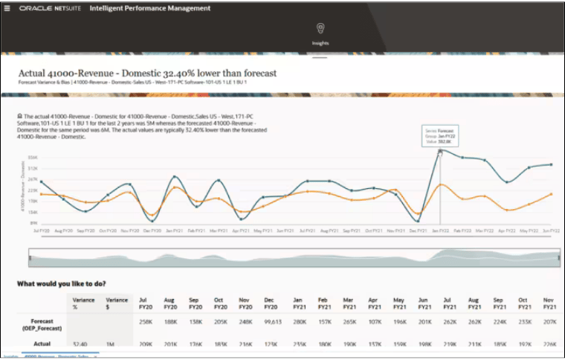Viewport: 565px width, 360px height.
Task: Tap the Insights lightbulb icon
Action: pyautogui.click(x=320, y=29)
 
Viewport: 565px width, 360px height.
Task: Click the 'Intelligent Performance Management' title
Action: pyautogui.click(x=149, y=8)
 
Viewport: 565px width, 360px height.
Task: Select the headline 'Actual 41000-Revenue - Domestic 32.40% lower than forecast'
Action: pyautogui.click(x=147, y=73)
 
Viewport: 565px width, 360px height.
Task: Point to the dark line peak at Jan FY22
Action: pyautogui.click(x=440, y=151)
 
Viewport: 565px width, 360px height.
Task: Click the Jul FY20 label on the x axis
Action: pyautogui.click(x=42, y=231)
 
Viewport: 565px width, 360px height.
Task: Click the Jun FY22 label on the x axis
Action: pyautogui.click(x=550, y=231)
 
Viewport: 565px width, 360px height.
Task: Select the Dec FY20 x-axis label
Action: pyautogui.click(x=153, y=231)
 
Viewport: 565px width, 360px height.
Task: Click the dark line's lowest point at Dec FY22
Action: pyautogui.click(x=418, y=221)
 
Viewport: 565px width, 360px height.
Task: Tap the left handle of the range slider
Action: pyautogui.click(x=30, y=258)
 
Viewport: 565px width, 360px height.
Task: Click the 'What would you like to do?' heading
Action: pyautogui.click(x=62, y=283)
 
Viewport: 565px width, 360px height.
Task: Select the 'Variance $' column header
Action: pyautogui.click(x=112, y=303)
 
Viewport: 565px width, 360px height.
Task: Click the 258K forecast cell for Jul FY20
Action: pyautogui.click(x=146, y=323)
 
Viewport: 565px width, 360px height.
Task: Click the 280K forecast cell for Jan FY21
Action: pyautogui.click(x=300, y=323)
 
